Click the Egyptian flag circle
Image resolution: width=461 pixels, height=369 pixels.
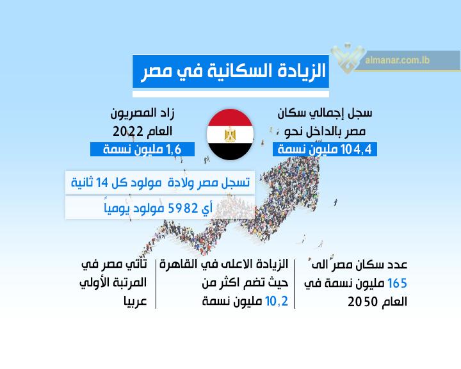click(230, 135)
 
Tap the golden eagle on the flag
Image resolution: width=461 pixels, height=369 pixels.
click(230, 135)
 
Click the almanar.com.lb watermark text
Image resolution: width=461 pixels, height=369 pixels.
click(397, 60)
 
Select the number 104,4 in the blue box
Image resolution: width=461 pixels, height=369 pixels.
click(357, 149)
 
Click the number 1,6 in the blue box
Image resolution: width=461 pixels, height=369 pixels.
click(174, 149)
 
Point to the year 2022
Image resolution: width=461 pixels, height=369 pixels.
click(128, 131)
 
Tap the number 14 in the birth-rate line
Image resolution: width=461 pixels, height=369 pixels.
click(102, 183)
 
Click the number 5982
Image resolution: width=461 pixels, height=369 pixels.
click(182, 208)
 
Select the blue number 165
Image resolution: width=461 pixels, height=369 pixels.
click(397, 283)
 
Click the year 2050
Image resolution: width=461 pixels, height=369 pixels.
click(362, 302)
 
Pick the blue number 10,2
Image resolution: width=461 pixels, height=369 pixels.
click(277, 301)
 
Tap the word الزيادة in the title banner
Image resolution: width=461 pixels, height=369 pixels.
click(302, 71)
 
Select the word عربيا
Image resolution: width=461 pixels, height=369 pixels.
click(135, 301)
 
